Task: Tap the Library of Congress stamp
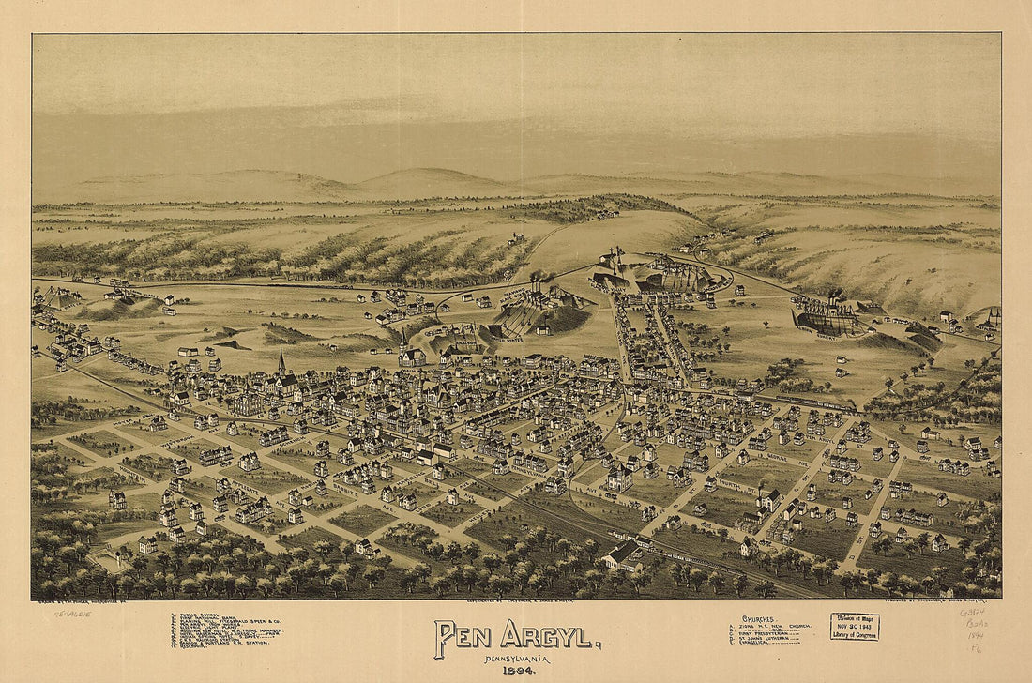[x=854, y=627]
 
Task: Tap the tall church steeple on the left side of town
[x=281, y=364]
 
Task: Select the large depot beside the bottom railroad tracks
[x=623, y=555]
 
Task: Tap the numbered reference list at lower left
[x=225, y=630]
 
